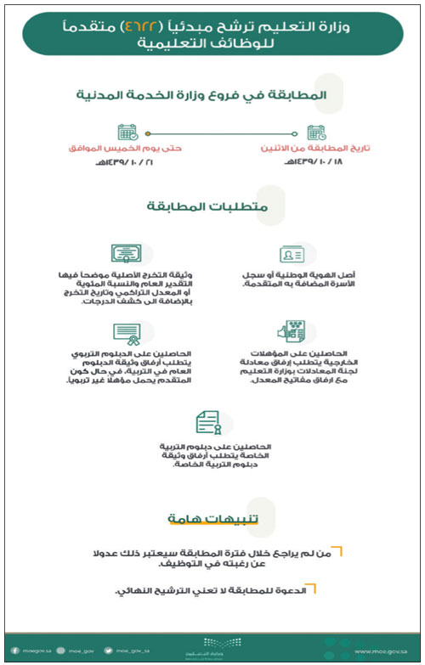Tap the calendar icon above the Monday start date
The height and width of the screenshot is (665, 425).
click(315, 133)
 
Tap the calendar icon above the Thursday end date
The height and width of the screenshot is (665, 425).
click(127, 133)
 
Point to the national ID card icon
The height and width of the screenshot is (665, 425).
click(292, 255)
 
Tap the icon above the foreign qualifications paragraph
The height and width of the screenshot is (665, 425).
click(292, 332)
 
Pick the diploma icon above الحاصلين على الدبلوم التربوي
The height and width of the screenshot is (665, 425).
click(127, 332)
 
